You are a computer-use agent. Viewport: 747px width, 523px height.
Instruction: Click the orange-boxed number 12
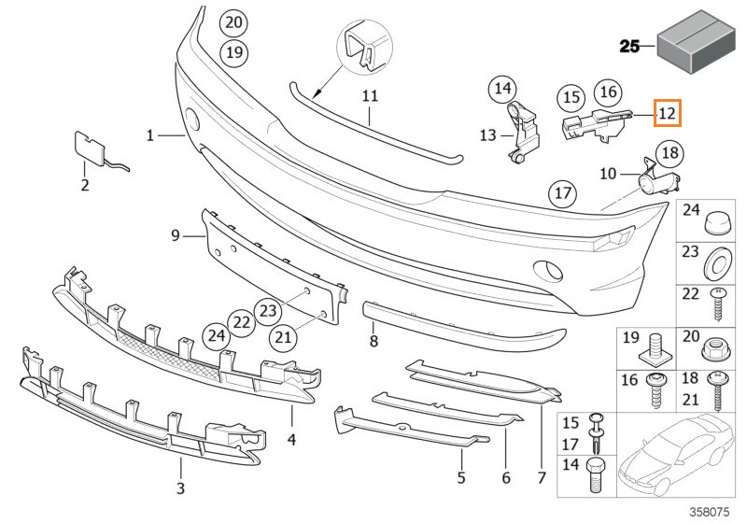[668, 113]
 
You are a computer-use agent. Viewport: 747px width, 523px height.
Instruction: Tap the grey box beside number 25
[696, 43]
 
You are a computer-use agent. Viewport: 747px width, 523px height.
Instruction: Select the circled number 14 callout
[502, 89]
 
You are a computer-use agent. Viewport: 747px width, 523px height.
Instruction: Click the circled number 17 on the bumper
[563, 193]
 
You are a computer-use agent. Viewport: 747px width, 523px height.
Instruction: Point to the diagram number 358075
[710, 512]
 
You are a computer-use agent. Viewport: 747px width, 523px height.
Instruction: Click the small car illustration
[676, 455]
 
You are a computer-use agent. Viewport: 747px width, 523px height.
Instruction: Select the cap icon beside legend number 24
[717, 223]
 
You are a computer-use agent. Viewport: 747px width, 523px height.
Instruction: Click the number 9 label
[176, 235]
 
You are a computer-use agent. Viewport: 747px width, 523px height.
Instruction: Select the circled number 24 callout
[217, 336]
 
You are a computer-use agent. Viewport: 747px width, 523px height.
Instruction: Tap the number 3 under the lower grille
[180, 488]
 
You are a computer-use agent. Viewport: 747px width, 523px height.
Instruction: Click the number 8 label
[374, 341]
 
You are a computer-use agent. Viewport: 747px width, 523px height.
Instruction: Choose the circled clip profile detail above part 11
[364, 47]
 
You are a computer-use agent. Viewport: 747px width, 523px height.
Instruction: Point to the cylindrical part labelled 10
[660, 179]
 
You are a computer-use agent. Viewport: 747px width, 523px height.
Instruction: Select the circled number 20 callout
[234, 22]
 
